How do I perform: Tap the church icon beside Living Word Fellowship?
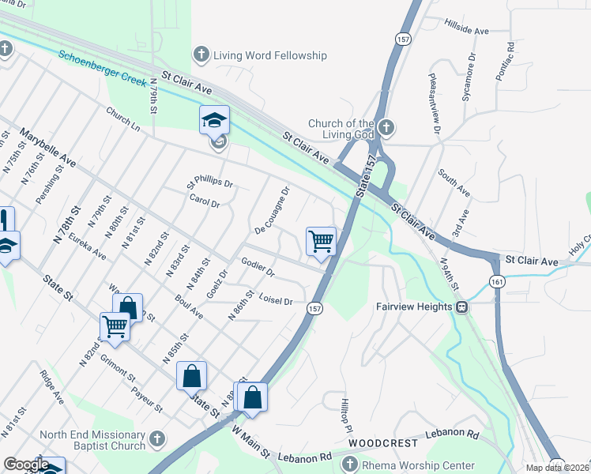pos(201,55)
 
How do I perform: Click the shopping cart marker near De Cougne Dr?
pos(322,240)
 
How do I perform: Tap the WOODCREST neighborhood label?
pos(382,443)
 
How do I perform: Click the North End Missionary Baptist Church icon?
pos(157,438)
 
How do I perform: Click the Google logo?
pos(25,465)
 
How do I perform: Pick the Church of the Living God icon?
pos(386,126)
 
